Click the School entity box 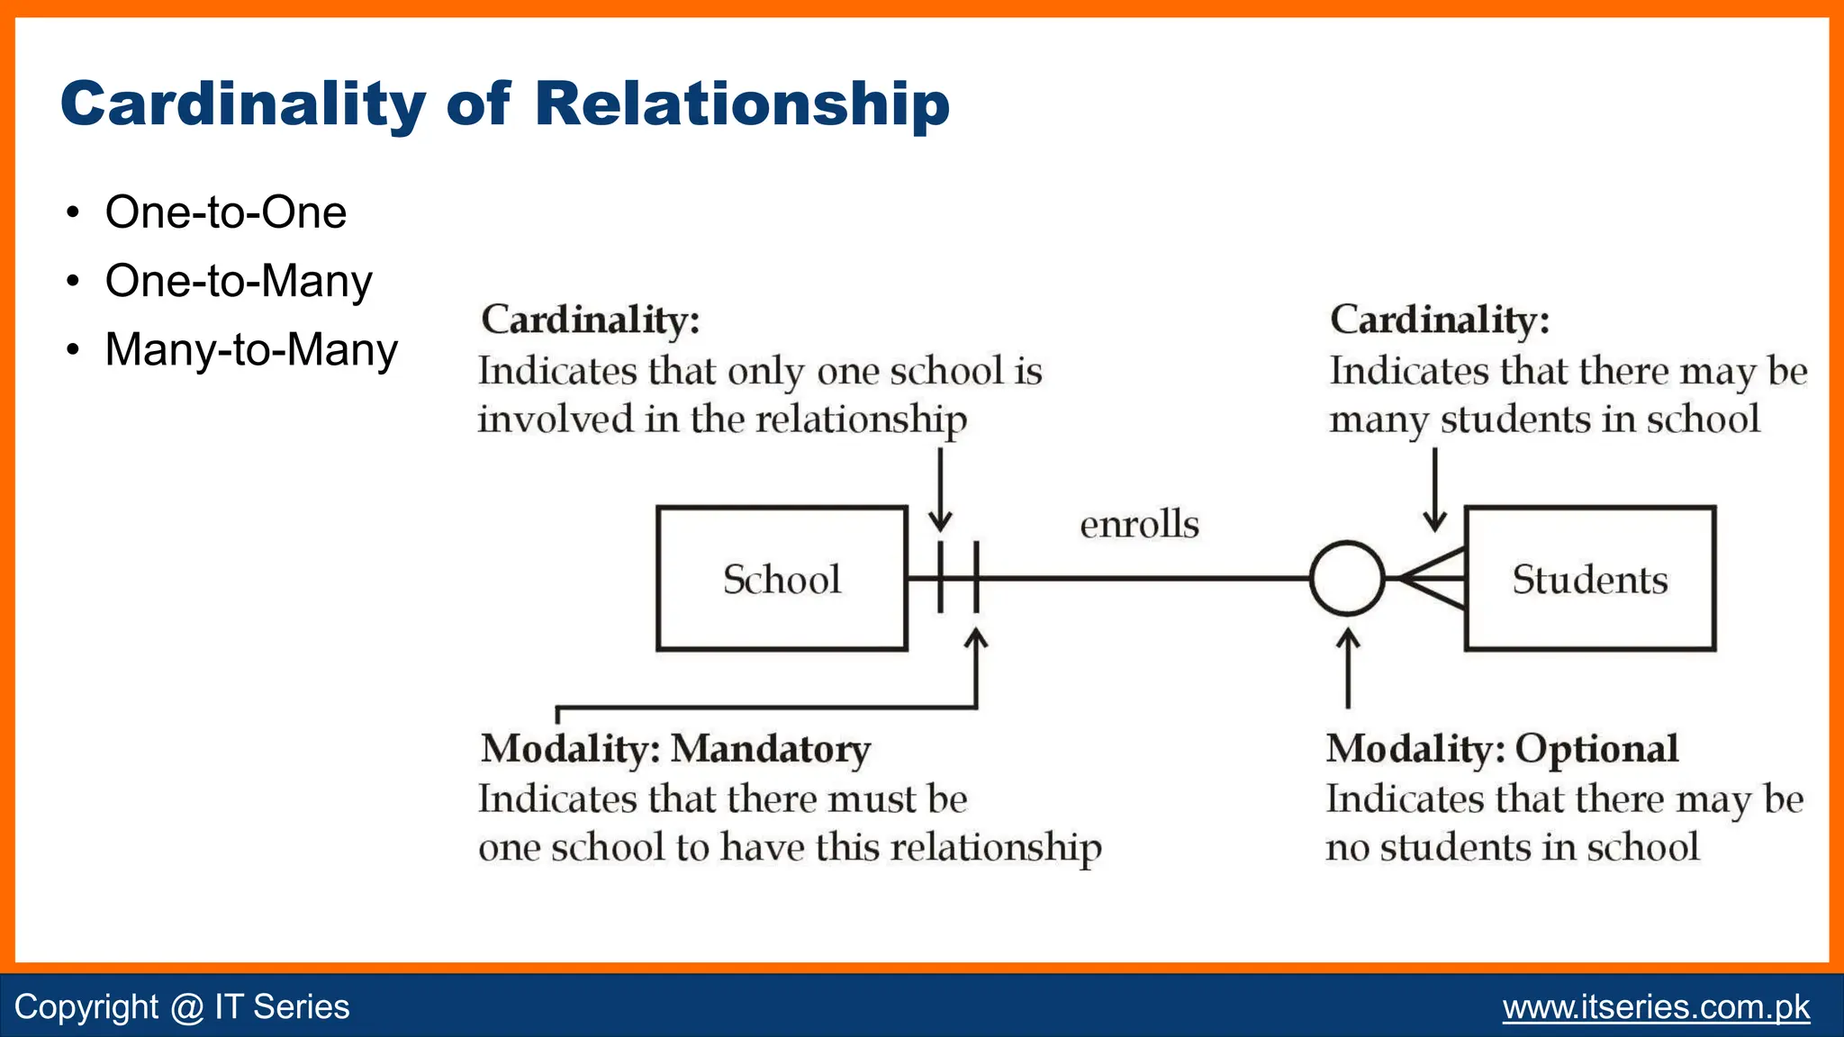782,579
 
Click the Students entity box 1590,579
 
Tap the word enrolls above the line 1139,524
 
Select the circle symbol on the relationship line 1347,579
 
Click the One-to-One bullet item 225,212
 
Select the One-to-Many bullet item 239,281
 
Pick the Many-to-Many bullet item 251,349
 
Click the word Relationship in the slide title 742,104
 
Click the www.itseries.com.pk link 1656,1006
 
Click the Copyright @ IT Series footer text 182,1006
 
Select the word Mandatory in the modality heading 772,749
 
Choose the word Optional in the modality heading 1596,749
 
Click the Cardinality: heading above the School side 591,320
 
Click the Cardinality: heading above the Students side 1440,320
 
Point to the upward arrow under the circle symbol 1348,668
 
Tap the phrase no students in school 1512,847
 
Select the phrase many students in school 1544,419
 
